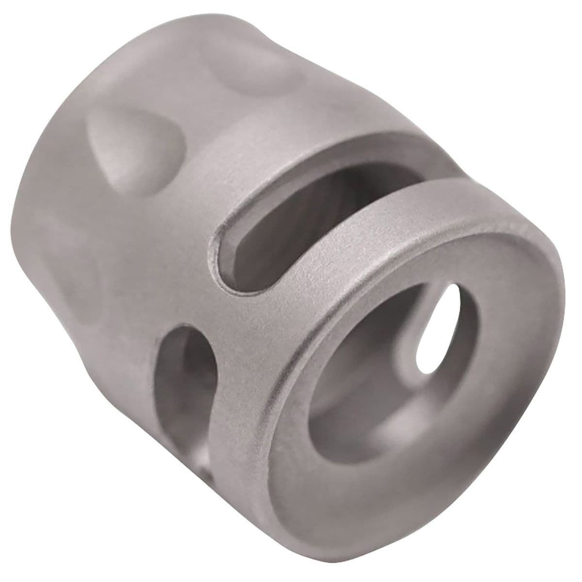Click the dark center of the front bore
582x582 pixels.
[388, 369]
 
